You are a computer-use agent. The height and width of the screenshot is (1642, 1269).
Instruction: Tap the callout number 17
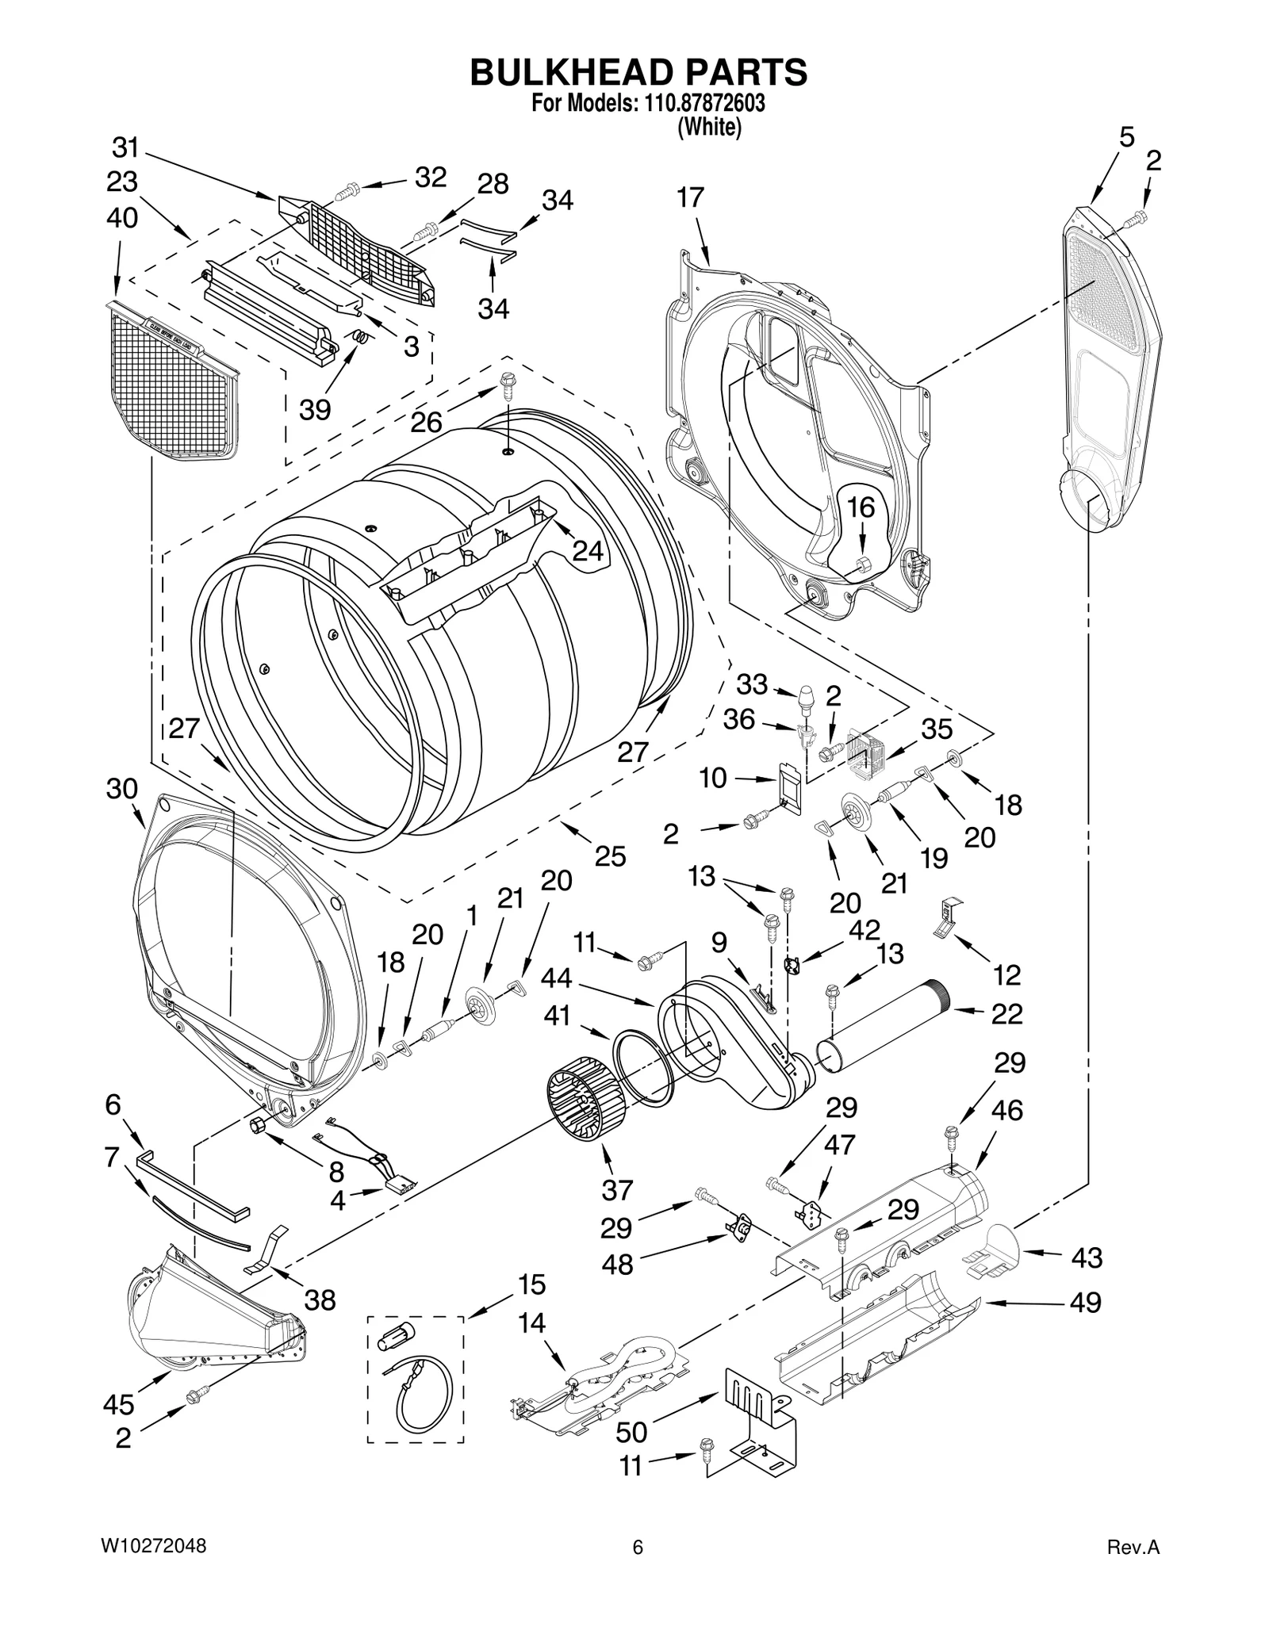click(x=691, y=197)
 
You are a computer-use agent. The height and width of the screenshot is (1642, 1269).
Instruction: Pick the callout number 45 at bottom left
click(x=119, y=1404)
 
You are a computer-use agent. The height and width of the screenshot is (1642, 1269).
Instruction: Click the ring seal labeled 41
click(x=642, y=1066)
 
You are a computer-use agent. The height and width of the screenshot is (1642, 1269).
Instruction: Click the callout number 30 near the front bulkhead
click(x=121, y=789)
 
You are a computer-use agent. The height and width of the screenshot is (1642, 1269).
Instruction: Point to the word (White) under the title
click(x=709, y=127)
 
